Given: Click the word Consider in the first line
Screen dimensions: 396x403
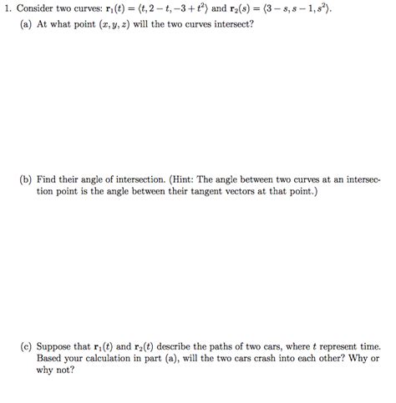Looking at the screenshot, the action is click(43, 8).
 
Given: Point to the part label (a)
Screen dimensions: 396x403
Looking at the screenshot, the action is click(28, 24).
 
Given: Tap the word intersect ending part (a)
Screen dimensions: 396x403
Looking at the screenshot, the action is click(231, 24).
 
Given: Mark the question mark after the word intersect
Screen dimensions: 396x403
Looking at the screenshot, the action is click(251, 24).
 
